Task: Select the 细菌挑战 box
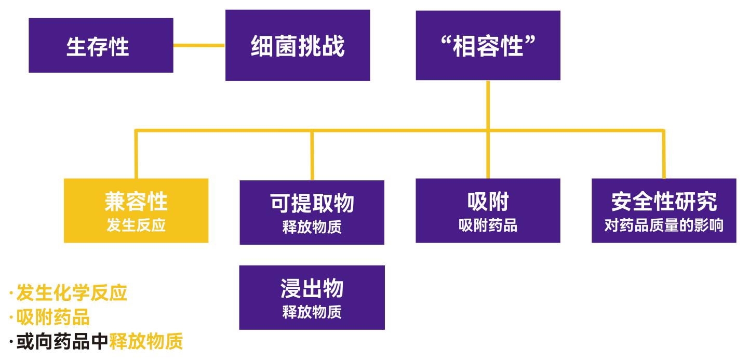point(297,46)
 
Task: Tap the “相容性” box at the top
point(488,46)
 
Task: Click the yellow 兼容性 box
point(136,210)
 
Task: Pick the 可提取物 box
point(312,212)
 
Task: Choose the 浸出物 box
point(312,297)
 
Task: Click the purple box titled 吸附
point(488,210)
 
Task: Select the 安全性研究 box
point(664,210)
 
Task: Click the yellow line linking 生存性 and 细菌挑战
point(199,46)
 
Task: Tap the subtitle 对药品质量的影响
point(664,226)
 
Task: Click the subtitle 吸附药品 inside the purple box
point(488,226)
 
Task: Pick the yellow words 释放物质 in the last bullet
point(146,342)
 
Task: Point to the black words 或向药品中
point(63,342)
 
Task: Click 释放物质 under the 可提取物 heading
point(312,228)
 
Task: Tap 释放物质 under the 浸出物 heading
point(312,313)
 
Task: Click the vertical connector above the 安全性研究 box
point(664,154)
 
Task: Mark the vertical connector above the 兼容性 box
point(136,154)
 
